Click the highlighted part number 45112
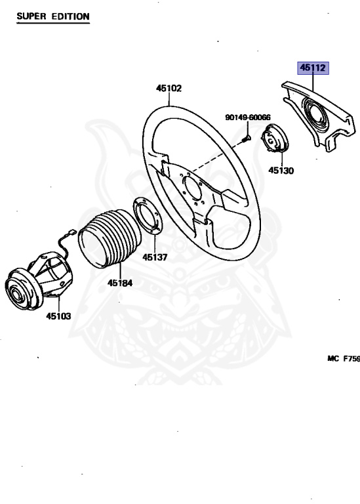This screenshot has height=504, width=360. click(x=313, y=68)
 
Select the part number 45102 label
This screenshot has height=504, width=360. click(x=169, y=88)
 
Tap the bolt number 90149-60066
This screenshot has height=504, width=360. click(x=248, y=117)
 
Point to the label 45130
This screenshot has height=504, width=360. click(x=281, y=171)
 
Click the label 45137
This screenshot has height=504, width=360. click(x=155, y=257)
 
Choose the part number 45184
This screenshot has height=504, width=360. click(x=120, y=283)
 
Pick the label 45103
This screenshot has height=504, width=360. click(x=58, y=316)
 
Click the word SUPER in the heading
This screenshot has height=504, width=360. click(x=31, y=16)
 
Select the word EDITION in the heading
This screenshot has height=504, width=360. click(x=71, y=16)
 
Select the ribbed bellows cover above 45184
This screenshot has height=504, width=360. click(x=110, y=238)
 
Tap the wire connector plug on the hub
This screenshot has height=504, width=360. click(x=71, y=232)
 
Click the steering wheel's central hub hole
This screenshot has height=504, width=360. click(x=192, y=189)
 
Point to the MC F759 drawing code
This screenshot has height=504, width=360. click(x=344, y=358)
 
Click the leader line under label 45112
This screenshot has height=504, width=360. click(x=313, y=82)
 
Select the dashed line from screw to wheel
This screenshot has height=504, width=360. click(x=218, y=156)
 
